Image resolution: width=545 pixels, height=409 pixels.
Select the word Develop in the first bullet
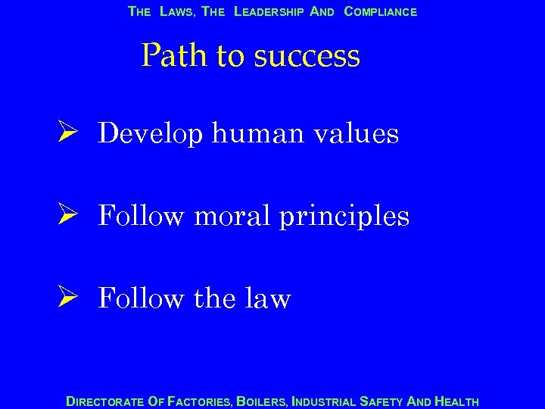pos(151,135)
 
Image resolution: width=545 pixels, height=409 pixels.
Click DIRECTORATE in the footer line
pos(104,401)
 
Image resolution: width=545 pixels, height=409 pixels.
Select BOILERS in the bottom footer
pos(262,401)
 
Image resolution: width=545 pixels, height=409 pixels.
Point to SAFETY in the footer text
pos(384,401)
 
